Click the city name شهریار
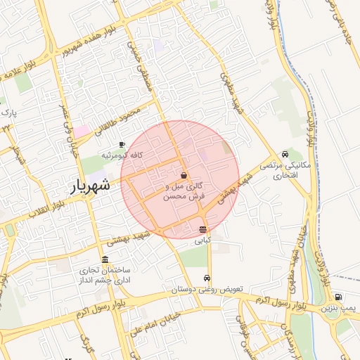(91, 186)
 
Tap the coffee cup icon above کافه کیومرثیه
(122, 144)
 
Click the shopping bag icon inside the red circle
(184, 176)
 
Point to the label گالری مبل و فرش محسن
(184, 193)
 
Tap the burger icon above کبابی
(202, 230)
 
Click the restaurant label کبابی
(202, 240)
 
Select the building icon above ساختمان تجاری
(105, 259)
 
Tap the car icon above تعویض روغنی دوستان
(206, 278)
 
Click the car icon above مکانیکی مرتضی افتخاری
(284, 154)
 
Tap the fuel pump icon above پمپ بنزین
(339, 297)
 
